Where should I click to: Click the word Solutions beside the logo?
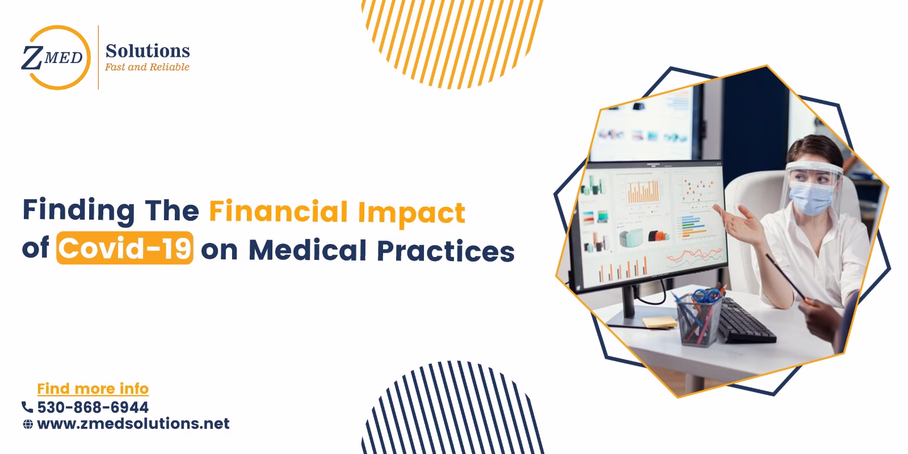coord(148,51)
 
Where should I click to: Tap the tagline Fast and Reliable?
coord(148,67)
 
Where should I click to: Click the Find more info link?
coord(93,389)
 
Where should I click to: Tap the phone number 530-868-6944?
coord(93,407)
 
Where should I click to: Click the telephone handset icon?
coord(27,407)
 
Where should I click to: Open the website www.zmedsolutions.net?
coord(133,424)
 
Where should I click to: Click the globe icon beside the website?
coord(27,424)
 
